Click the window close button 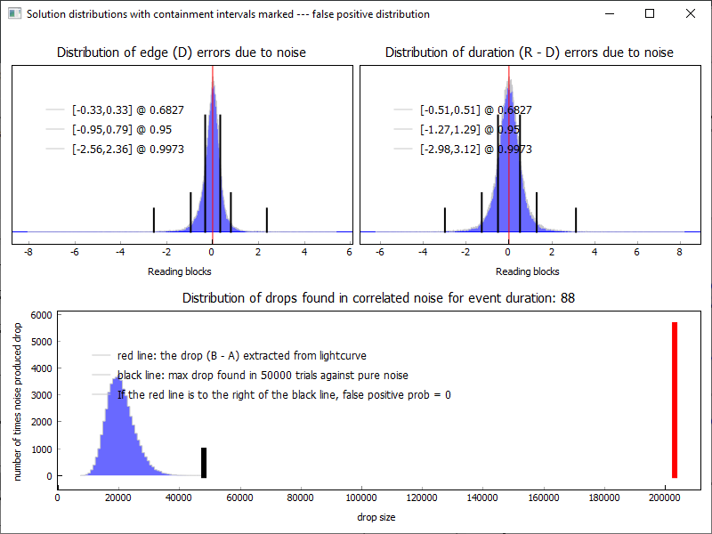(691, 13)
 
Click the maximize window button (650, 13)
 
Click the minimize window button (609, 13)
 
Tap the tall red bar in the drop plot (675, 400)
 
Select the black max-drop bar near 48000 (204, 463)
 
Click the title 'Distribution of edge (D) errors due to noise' (182, 53)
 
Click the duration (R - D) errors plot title (529, 53)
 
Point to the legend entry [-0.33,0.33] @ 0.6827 (128, 110)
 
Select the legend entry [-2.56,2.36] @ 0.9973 (128, 150)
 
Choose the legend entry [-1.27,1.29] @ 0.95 (475, 130)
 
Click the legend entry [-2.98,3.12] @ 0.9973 (475, 150)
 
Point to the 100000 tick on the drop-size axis (362, 498)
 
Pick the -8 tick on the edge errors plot (28, 253)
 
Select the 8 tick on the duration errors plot (679, 253)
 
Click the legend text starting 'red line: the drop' (241, 356)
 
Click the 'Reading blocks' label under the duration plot (527, 271)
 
